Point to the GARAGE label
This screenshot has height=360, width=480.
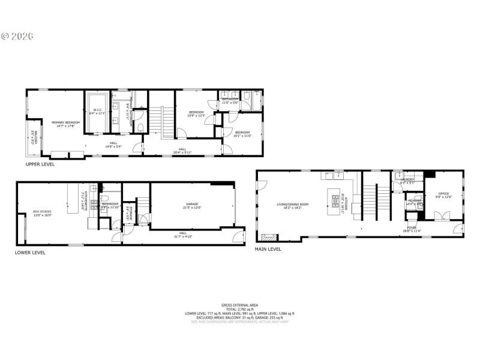point(192,204)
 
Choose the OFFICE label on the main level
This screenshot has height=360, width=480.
point(444,193)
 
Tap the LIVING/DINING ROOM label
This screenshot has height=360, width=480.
point(292,204)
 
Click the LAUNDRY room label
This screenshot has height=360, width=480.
point(408,179)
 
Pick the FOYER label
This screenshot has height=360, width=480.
point(412,228)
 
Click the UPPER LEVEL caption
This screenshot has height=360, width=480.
point(41,163)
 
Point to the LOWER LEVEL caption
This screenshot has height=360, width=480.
point(30,253)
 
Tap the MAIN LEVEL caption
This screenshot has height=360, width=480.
point(269,248)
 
